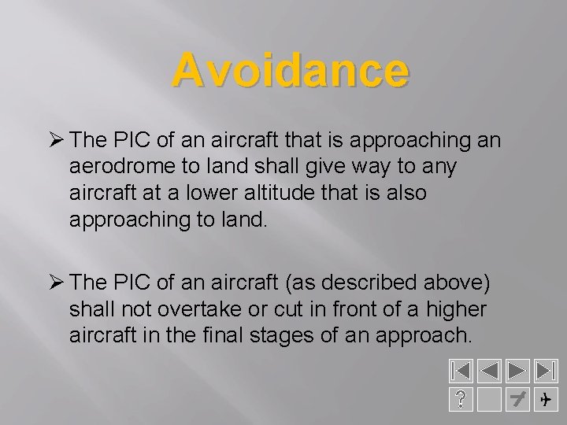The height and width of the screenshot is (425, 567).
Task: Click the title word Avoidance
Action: (291, 70)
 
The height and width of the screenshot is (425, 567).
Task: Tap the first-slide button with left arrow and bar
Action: (461, 371)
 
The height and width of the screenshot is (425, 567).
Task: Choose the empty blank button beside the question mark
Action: (490, 400)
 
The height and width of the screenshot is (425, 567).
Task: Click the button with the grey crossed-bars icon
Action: (517, 400)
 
